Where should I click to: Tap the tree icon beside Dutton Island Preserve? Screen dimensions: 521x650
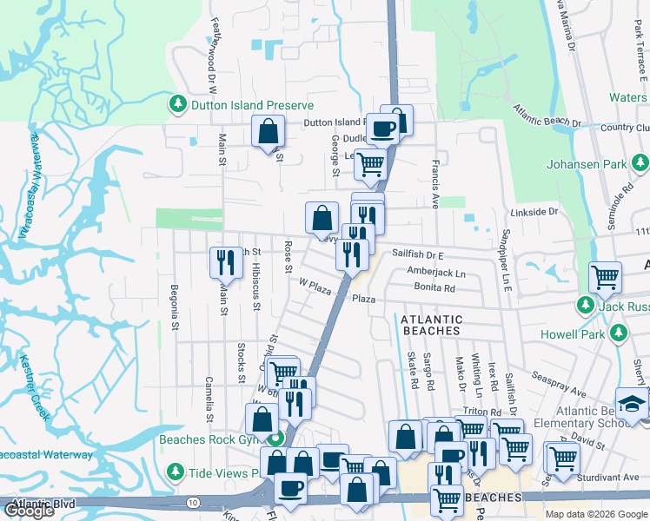coord(178,105)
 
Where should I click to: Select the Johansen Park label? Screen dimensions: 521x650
coord(587,164)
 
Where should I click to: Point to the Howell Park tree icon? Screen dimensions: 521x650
coord(619,333)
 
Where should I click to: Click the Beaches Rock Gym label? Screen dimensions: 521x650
coord(210,439)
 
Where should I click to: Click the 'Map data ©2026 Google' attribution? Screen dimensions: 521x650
coord(594,514)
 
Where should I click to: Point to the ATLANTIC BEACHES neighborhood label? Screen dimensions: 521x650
coord(431,325)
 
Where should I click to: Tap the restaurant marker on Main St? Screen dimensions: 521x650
coord(226,261)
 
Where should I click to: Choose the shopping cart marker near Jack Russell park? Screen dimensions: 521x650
coord(605,277)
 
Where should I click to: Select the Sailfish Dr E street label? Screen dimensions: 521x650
coord(417,255)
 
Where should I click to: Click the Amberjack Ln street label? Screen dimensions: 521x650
coord(436,273)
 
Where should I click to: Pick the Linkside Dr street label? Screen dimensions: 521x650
coord(533,212)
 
